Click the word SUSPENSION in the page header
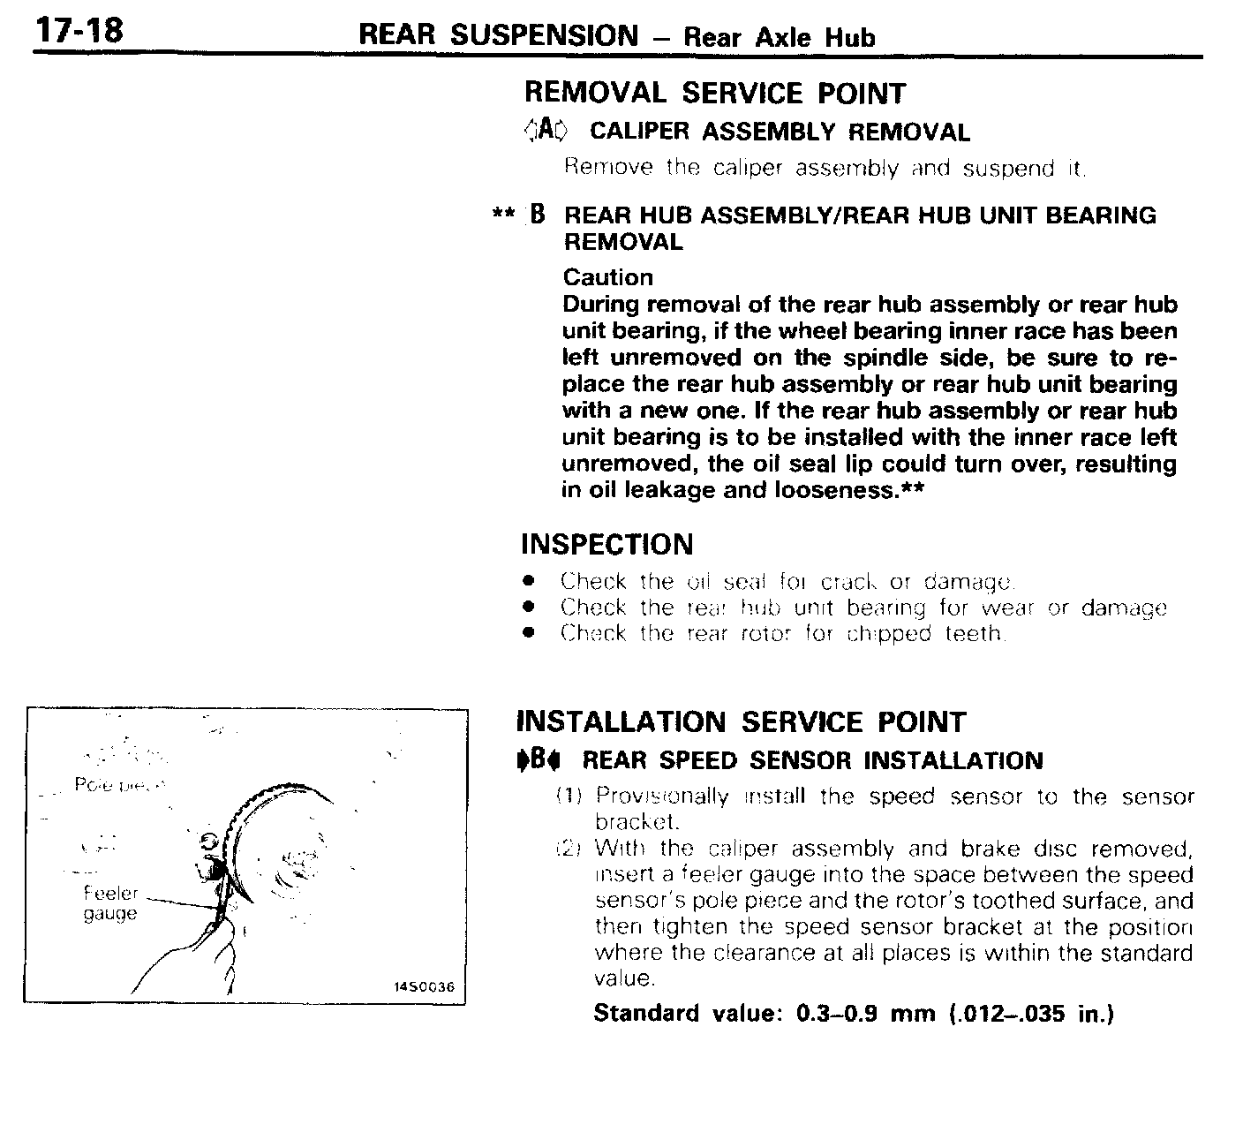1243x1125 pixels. coord(544,35)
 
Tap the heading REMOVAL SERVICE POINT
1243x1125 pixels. coord(715,94)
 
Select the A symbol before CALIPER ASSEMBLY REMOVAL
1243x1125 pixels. coord(547,131)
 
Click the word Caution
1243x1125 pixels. coord(608,277)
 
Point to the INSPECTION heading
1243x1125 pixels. coord(607,544)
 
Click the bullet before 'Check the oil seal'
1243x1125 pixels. coord(529,582)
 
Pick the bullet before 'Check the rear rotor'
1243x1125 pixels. coord(529,633)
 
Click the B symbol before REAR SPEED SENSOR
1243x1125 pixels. coord(541,759)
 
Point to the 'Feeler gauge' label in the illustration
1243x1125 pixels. coord(110,903)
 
